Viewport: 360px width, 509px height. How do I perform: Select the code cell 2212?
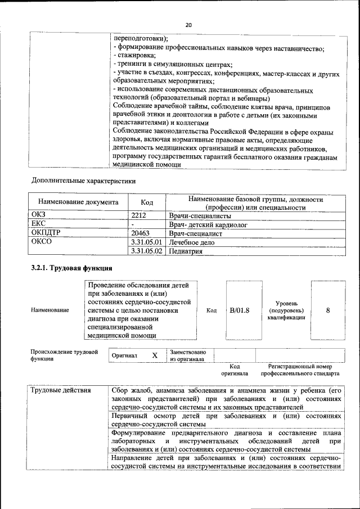coord(139,215)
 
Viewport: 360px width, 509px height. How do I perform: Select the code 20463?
coord(141,232)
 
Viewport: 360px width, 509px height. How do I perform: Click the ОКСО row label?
coord(41,242)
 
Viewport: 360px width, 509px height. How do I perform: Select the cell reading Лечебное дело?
coord(191,242)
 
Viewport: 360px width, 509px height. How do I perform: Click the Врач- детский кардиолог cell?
coord(208,224)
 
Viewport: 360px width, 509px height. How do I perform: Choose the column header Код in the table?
coord(146,202)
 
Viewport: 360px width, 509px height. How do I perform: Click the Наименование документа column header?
coord(78,202)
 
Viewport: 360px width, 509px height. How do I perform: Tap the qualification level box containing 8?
coord(328,310)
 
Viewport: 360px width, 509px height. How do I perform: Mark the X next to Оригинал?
coord(155,356)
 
